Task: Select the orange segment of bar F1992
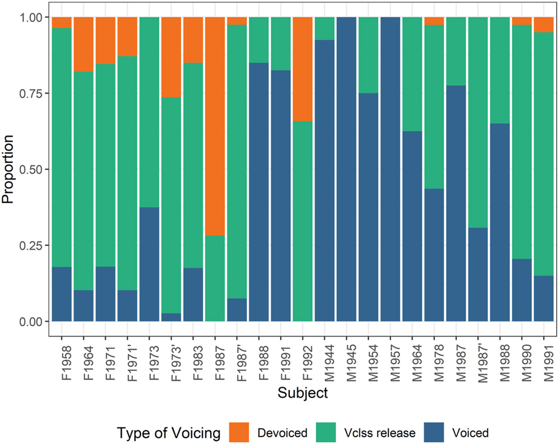click(x=303, y=69)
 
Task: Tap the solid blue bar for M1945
click(x=347, y=169)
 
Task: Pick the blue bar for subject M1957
click(x=391, y=169)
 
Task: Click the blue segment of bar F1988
click(x=259, y=192)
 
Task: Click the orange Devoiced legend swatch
click(x=239, y=433)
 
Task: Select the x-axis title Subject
click(x=302, y=394)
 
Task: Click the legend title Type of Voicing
click(x=168, y=433)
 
